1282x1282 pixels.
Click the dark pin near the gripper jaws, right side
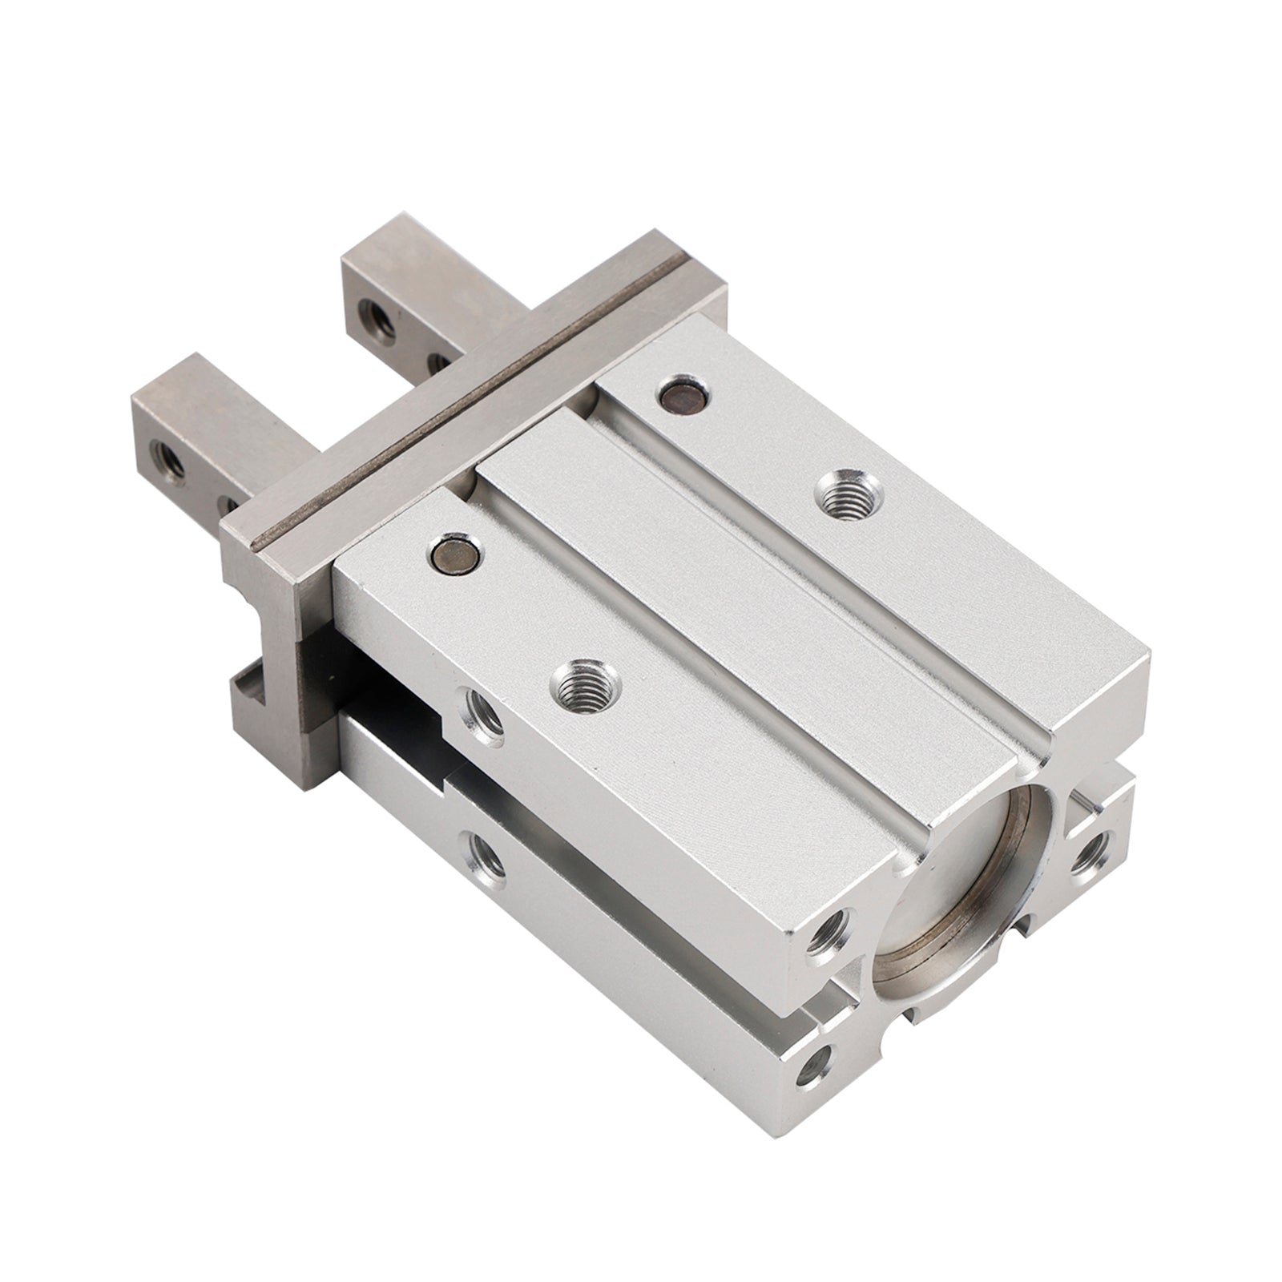682,393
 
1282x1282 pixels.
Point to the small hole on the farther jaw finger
437,362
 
